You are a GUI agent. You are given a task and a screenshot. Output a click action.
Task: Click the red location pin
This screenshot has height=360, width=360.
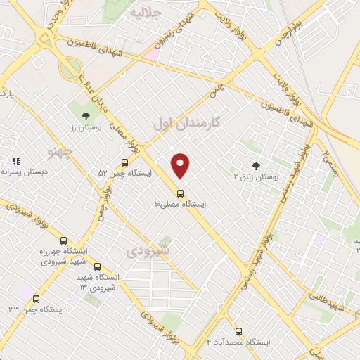point(181,165)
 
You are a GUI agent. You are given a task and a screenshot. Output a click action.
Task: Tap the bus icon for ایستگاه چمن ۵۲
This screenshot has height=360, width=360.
point(124,162)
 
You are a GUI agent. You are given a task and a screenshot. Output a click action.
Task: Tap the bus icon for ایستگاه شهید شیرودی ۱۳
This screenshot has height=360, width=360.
point(97,266)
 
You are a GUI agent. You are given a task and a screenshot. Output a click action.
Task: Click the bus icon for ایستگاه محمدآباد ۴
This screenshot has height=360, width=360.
point(238,330)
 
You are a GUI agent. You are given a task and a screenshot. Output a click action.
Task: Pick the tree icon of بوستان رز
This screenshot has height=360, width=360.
point(86,116)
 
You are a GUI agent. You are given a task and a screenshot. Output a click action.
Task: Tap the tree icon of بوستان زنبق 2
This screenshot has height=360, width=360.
point(255,166)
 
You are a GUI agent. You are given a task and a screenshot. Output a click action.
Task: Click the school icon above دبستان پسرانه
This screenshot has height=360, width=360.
point(16,161)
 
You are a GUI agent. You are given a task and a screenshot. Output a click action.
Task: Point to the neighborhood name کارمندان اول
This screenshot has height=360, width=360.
point(186,123)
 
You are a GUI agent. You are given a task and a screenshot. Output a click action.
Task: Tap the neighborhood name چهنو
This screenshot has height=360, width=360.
point(60,151)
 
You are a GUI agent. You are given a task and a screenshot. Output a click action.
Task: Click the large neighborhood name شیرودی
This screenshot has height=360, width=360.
point(149,251)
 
